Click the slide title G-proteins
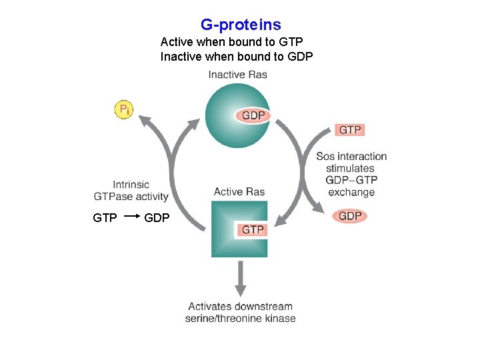point(241,25)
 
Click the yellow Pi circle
point(124,109)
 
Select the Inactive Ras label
point(237,75)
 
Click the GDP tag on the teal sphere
point(253,116)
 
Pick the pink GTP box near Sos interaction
point(350,130)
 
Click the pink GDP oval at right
point(350,216)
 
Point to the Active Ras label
point(239,192)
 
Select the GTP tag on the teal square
point(253,230)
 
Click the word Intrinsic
point(131,185)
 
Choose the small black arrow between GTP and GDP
point(132,217)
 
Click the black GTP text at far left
point(105,218)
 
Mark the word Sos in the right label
point(326,157)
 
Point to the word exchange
point(351,193)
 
